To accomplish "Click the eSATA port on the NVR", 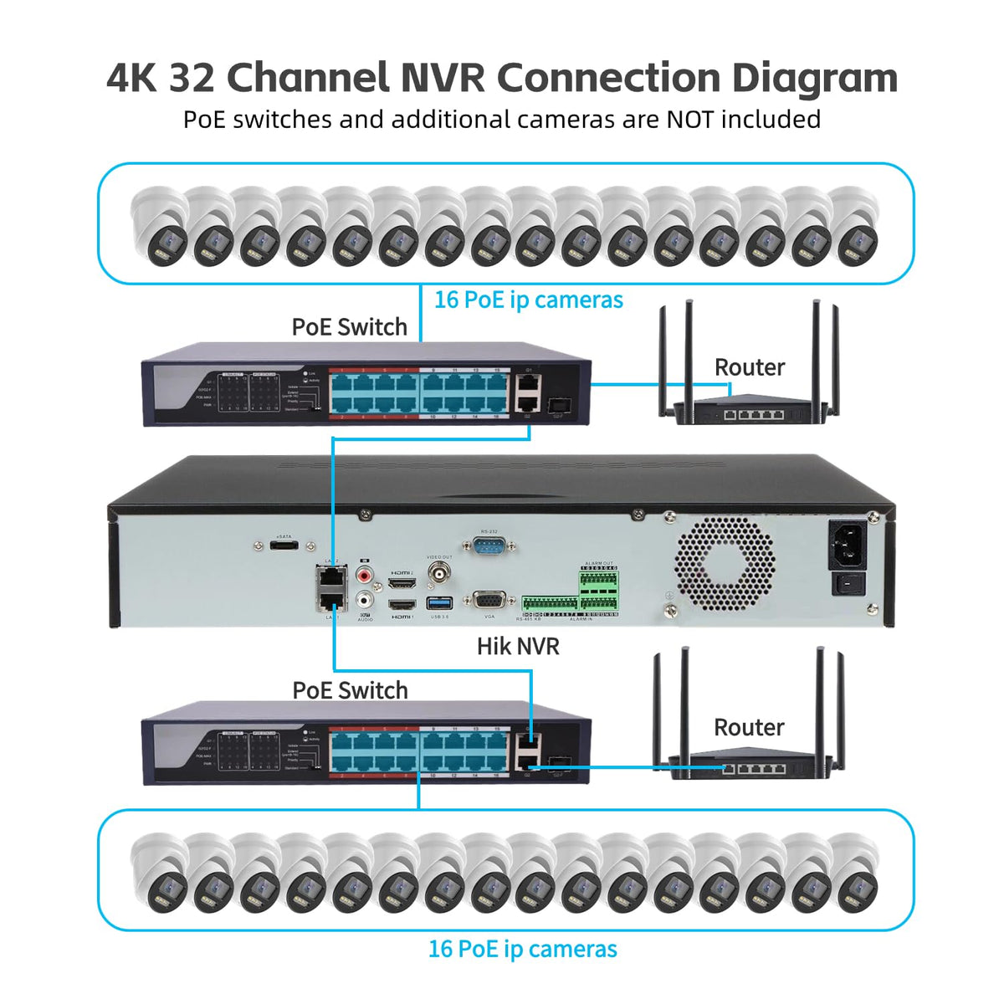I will coord(284,546).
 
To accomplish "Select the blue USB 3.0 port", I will coord(439,602).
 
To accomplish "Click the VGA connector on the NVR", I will coord(489,601).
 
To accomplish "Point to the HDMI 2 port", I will coord(402,581).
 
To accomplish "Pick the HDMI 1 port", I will coord(402,604).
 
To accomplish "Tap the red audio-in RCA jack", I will coord(365,576).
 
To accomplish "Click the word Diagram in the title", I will coord(815,78).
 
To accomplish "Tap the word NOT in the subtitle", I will coord(690,120).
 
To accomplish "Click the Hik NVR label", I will coord(518,646).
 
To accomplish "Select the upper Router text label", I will coord(749,367).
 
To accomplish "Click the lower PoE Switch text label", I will coord(350,690).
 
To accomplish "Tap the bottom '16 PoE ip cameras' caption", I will coord(522,949).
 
